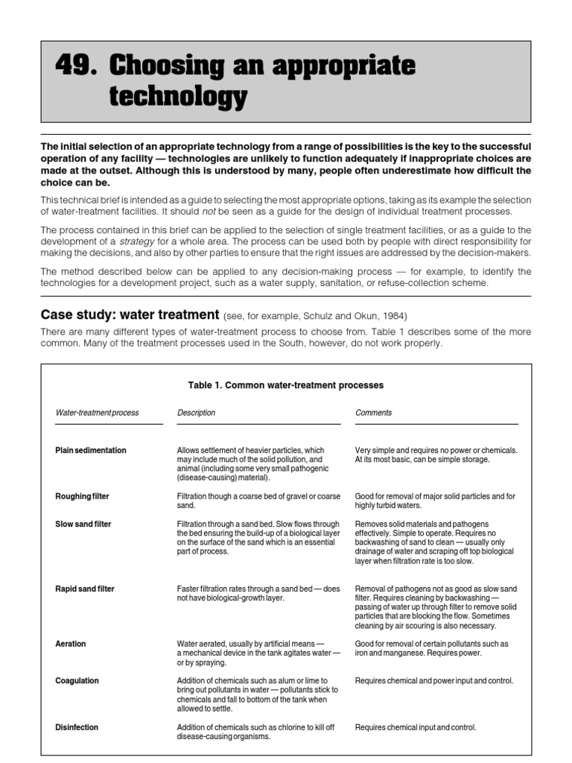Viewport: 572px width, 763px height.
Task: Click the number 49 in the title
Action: [x=76, y=66]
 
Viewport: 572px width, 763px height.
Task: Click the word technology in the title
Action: [x=177, y=97]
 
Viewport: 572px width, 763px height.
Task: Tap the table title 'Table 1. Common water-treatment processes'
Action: [x=286, y=385]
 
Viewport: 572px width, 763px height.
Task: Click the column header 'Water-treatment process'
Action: [x=97, y=412]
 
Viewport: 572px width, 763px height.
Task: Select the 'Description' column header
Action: [x=196, y=412]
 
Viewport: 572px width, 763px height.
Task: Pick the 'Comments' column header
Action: [x=373, y=412]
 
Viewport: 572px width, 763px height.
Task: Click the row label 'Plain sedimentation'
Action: [x=91, y=450]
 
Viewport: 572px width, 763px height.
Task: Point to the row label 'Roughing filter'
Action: [x=83, y=496]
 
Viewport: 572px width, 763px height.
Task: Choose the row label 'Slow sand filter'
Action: [x=83, y=524]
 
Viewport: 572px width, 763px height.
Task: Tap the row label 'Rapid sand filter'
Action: [x=85, y=589]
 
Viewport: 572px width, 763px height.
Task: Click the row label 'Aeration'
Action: [x=71, y=644]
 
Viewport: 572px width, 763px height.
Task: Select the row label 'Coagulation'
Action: [x=77, y=681]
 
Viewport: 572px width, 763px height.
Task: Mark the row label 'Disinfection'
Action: [x=77, y=727]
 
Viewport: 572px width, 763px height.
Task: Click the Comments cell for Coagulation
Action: [x=433, y=681]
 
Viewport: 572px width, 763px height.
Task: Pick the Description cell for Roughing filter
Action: [x=258, y=501]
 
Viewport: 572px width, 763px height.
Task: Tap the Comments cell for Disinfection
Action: [x=415, y=727]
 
